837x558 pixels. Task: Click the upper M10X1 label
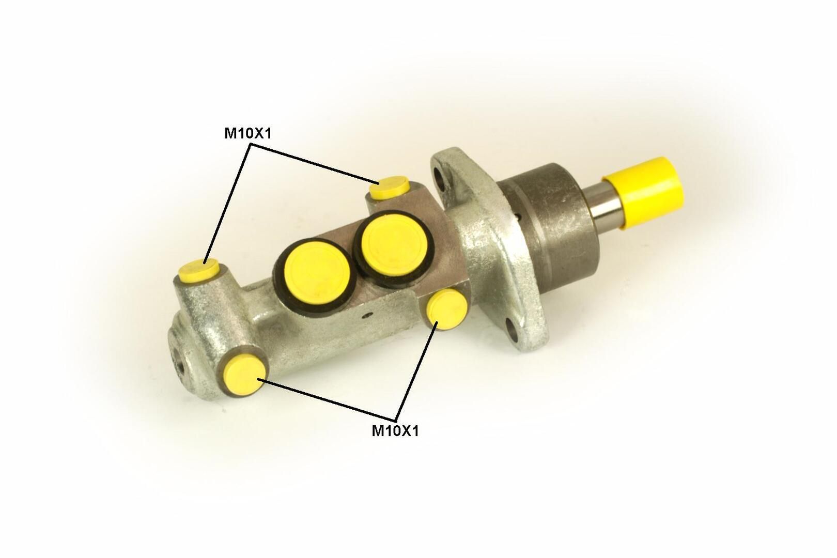(x=247, y=133)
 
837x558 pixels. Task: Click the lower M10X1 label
(x=395, y=431)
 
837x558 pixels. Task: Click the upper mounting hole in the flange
(x=441, y=178)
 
